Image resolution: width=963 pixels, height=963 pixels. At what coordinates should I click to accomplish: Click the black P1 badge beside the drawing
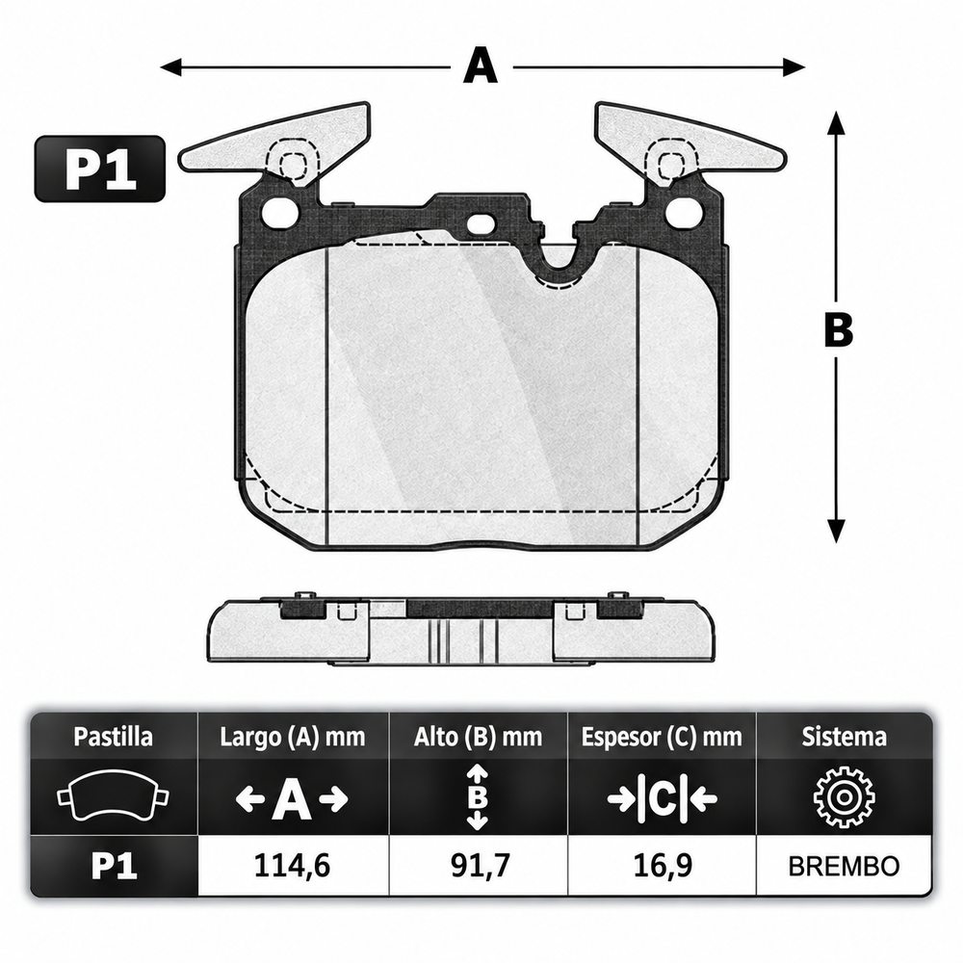click(x=99, y=169)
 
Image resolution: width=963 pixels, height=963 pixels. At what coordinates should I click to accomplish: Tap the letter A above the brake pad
click(x=481, y=65)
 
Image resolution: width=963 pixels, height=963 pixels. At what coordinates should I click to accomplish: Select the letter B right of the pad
click(x=839, y=329)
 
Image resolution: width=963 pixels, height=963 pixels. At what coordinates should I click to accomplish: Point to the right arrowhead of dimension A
click(x=794, y=66)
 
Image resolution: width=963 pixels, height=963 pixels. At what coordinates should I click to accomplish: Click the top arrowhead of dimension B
click(x=836, y=122)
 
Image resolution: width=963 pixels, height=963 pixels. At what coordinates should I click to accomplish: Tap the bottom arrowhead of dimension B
click(x=836, y=531)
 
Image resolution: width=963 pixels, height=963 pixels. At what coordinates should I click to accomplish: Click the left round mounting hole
click(x=279, y=212)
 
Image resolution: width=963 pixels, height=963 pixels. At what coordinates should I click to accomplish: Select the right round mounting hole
click(x=684, y=212)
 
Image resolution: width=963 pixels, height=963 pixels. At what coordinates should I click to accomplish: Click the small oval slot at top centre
click(x=481, y=224)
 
